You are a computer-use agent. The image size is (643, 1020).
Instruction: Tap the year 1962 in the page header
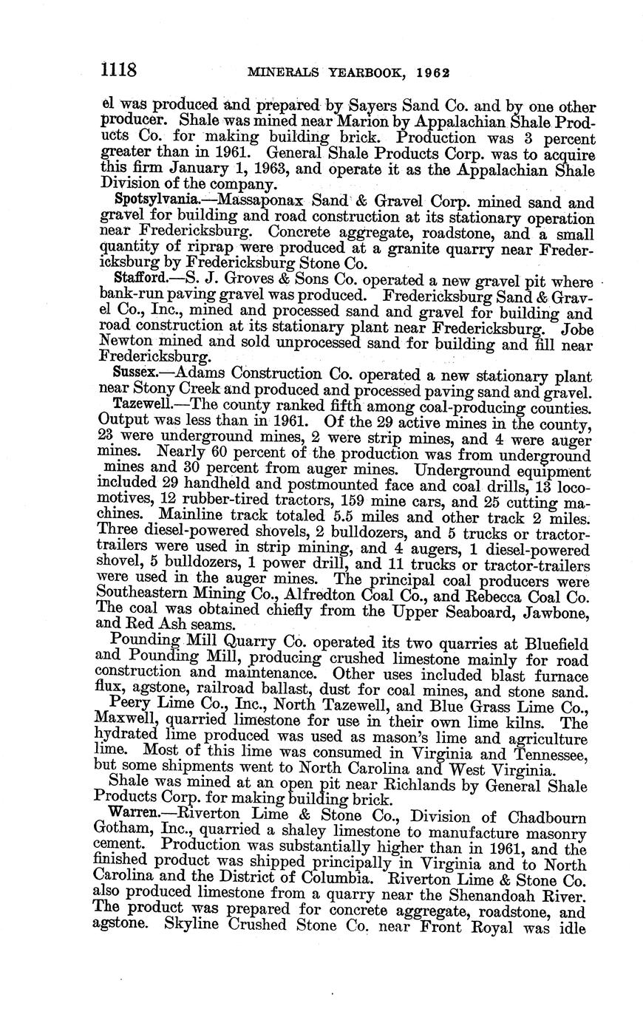434,74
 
